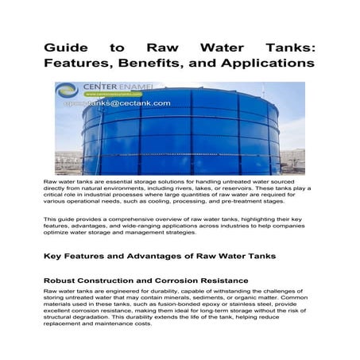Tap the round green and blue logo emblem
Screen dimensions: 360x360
pyautogui.click(x=68, y=90)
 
